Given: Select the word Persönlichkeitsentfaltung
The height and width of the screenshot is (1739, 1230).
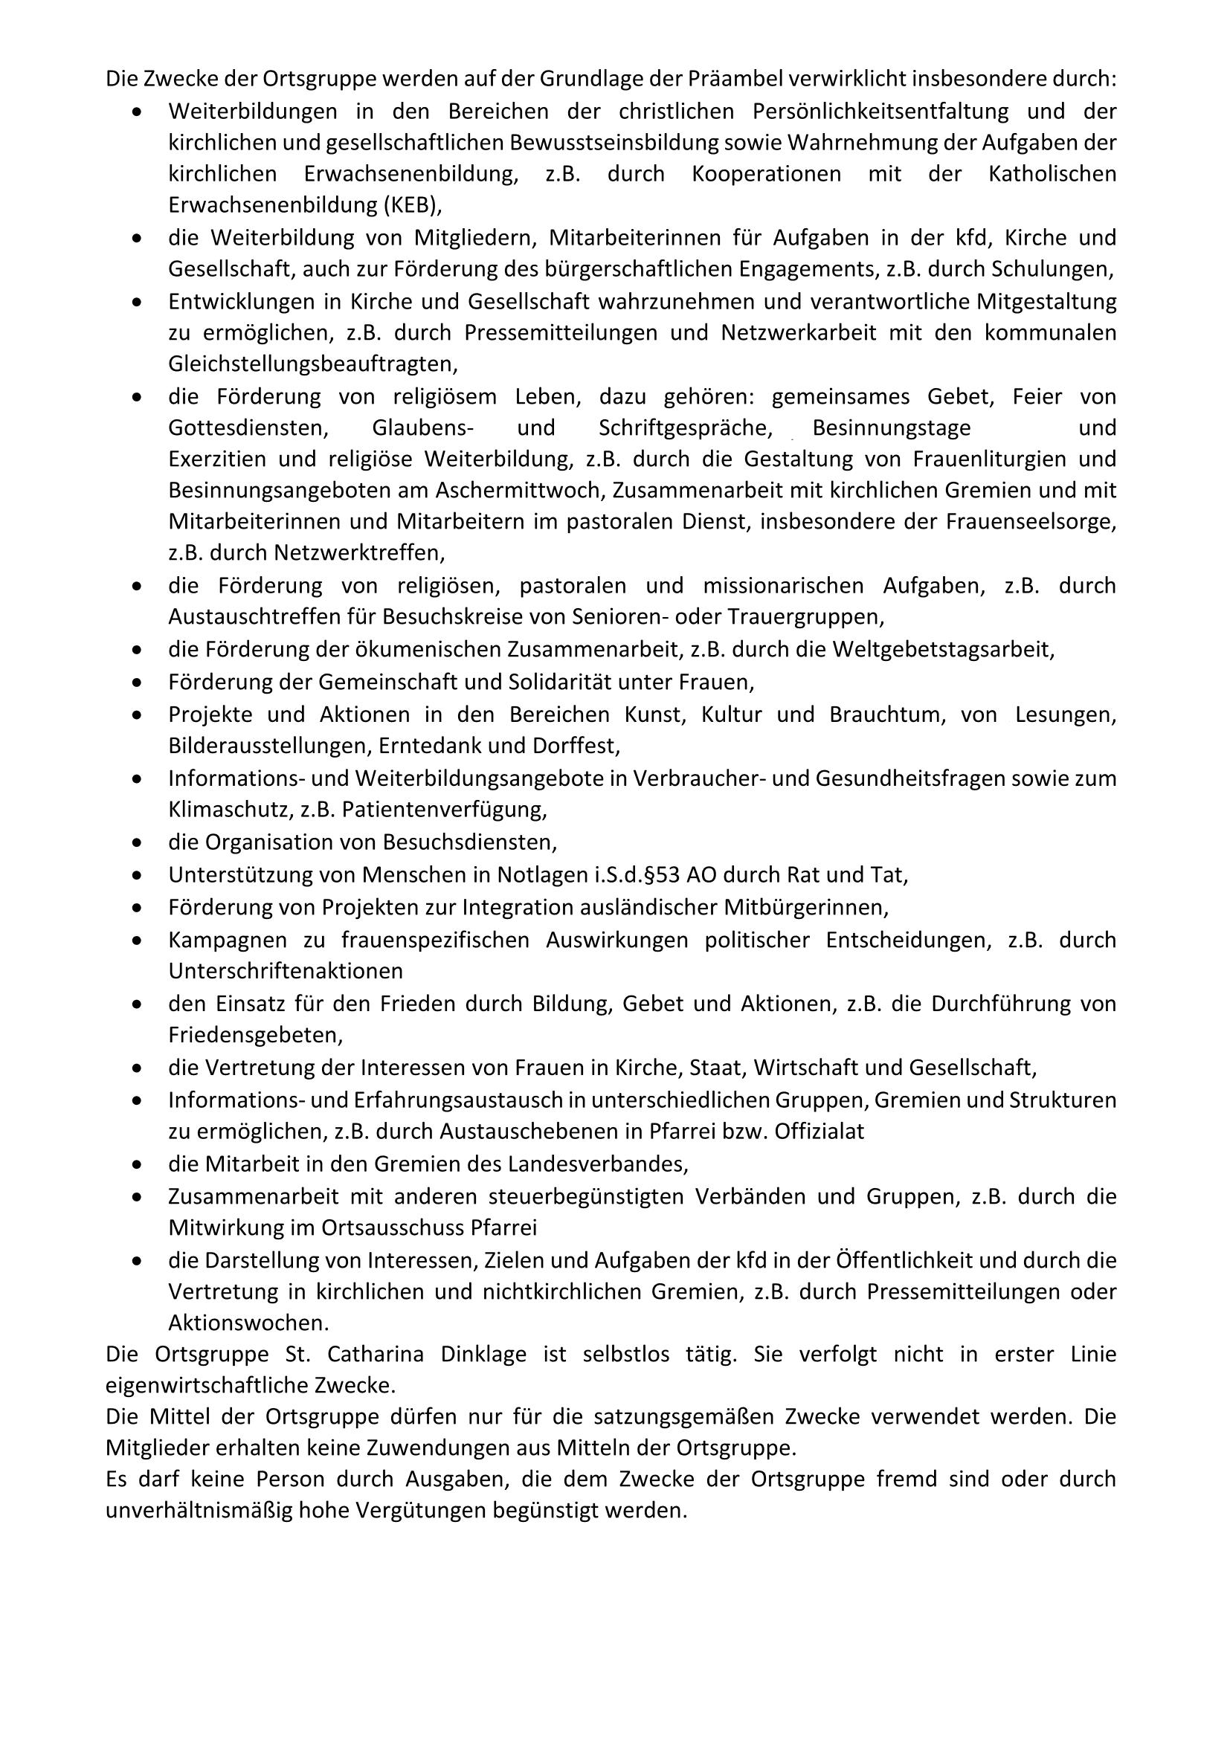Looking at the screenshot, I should (880, 112).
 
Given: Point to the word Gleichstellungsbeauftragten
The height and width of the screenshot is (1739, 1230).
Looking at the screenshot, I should (313, 364).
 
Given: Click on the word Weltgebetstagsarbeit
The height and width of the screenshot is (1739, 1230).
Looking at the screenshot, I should (943, 650).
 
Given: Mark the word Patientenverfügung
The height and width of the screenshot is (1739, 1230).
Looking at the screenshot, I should (444, 810).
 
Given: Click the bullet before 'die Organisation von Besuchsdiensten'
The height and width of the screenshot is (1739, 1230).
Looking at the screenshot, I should (136, 842).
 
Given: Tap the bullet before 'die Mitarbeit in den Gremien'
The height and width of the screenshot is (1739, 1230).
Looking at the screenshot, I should (136, 1164).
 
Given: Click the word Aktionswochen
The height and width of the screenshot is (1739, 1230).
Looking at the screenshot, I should (248, 1323).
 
